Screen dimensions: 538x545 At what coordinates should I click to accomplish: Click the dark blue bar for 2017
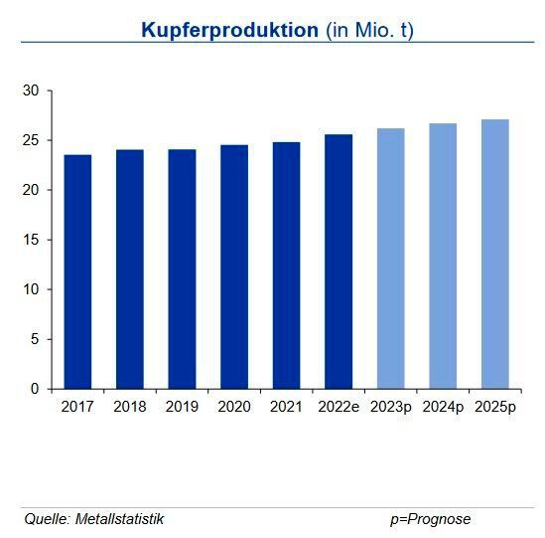tap(77, 271)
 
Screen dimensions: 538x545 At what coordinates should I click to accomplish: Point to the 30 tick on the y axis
tap(31, 90)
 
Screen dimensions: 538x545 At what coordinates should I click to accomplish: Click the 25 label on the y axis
tap(31, 140)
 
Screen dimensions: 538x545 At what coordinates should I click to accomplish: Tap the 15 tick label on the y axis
tap(31, 240)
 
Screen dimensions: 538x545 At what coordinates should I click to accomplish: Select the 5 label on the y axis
tap(35, 339)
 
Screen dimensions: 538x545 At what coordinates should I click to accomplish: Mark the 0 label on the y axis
tap(35, 389)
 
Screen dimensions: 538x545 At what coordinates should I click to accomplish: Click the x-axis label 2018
tap(129, 407)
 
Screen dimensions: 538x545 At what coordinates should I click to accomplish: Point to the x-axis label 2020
tap(234, 407)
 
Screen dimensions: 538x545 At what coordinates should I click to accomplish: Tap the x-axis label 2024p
tap(443, 407)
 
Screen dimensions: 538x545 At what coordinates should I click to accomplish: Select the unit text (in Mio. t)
tap(369, 30)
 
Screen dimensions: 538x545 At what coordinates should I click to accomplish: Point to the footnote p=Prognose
tap(430, 519)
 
